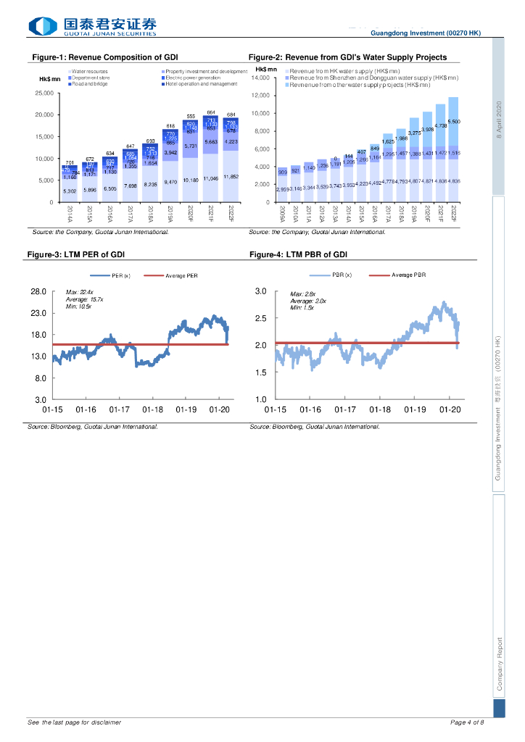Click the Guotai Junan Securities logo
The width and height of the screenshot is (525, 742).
coord(92,26)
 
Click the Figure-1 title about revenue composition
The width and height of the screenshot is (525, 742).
coord(105,57)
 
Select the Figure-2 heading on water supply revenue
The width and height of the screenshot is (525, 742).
coord(347,57)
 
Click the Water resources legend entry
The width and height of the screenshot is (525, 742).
coord(89,72)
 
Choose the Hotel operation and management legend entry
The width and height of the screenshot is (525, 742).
coord(201,84)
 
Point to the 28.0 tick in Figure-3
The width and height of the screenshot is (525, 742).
coord(38,291)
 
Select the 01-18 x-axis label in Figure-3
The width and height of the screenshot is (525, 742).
coord(152,409)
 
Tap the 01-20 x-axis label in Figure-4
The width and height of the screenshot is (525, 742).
coord(450,409)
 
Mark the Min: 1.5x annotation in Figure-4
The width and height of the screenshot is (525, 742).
coord(302,308)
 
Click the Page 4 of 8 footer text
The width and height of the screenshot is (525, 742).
coord(468,722)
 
